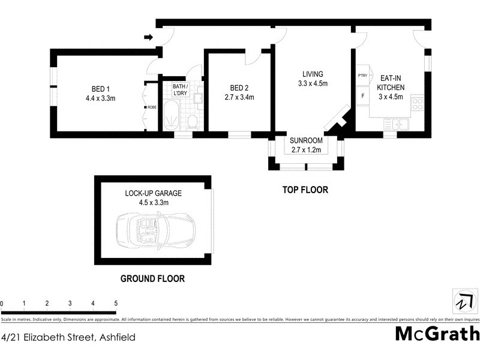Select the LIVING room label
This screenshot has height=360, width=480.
click(x=313, y=74)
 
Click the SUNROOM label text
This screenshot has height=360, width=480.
click(x=306, y=141)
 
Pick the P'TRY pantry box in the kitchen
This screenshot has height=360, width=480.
click(x=362, y=76)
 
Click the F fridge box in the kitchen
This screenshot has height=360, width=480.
click(x=362, y=95)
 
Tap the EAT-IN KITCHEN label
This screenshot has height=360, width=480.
click(x=391, y=83)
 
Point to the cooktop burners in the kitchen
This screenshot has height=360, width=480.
click(x=418, y=106)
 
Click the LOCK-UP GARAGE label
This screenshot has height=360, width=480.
click(x=153, y=193)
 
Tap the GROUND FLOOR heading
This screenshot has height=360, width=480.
click(x=152, y=278)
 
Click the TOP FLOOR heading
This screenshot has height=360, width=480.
click(x=305, y=190)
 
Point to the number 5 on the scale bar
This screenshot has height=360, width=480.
click(x=115, y=304)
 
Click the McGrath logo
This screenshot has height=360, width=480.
click(x=436, y=334)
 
